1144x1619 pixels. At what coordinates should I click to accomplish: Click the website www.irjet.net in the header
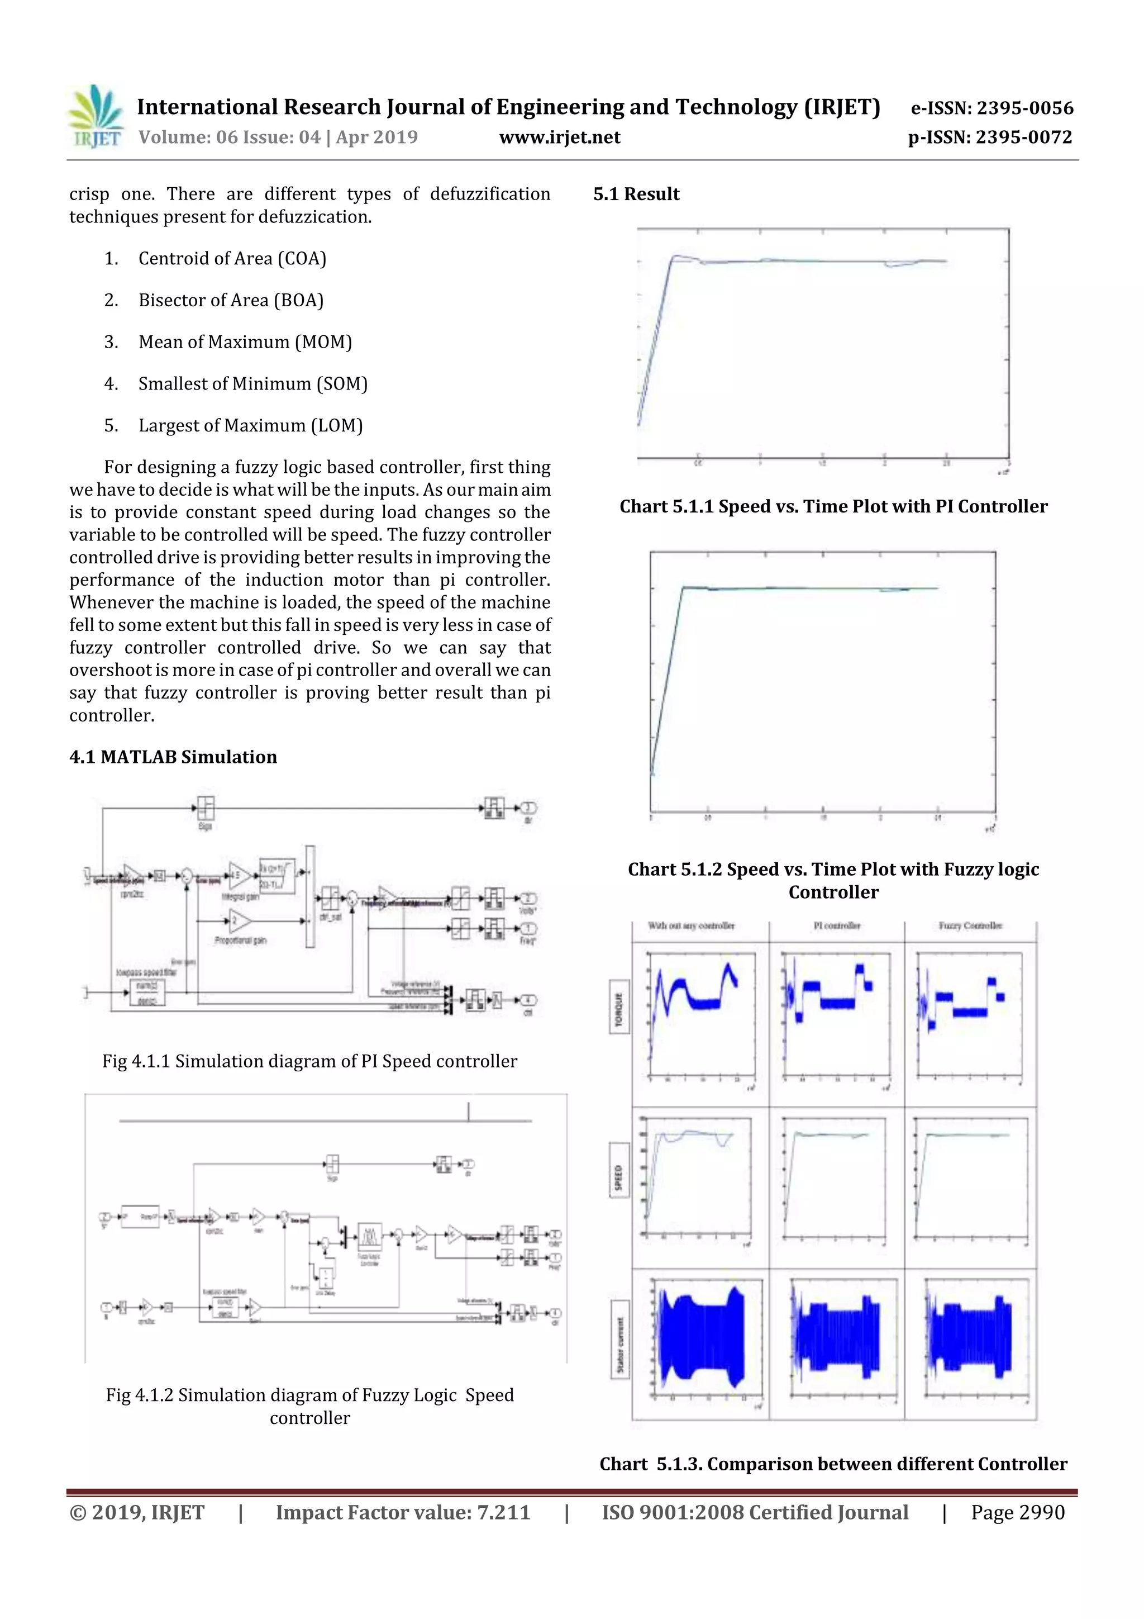tap(560, 137)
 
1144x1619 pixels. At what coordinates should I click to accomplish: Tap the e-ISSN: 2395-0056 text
tap(991, 108)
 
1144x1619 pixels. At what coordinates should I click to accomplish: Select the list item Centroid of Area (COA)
tap(232, 259)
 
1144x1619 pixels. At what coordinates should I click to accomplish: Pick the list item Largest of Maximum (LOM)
tap(250, 426)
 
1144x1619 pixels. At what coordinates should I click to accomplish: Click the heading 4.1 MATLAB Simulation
tap(173, 757)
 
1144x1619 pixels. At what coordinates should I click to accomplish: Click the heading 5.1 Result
tap(636, 194)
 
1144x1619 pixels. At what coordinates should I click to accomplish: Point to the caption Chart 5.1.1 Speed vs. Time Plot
tap(833, 506)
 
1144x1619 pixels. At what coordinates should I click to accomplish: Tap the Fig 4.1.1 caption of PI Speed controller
tap(309, 1061)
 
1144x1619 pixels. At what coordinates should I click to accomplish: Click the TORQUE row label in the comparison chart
tap(619, 1008)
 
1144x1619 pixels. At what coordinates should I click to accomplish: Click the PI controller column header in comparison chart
tap(837, 926)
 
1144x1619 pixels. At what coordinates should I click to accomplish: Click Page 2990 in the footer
tap(1017, 1512)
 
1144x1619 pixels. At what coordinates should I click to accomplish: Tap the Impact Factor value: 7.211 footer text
tap(403, 1512)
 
